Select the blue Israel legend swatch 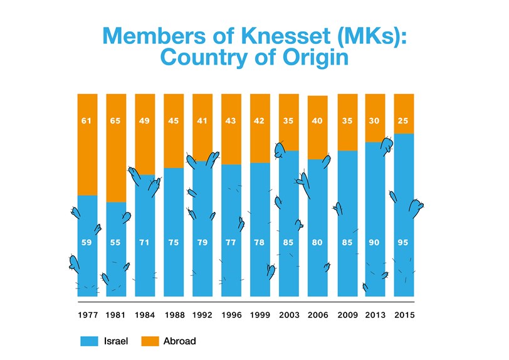[x=89, y=341]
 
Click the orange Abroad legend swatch [x=149, y=341]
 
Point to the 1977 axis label [x=87, y=314]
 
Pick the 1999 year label [x=260, y=314]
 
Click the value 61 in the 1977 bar [x=87, y=121]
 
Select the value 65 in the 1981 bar [x=116, y=121]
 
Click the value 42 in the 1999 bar [x=260, y=121]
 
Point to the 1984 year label [x=145, y=314]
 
